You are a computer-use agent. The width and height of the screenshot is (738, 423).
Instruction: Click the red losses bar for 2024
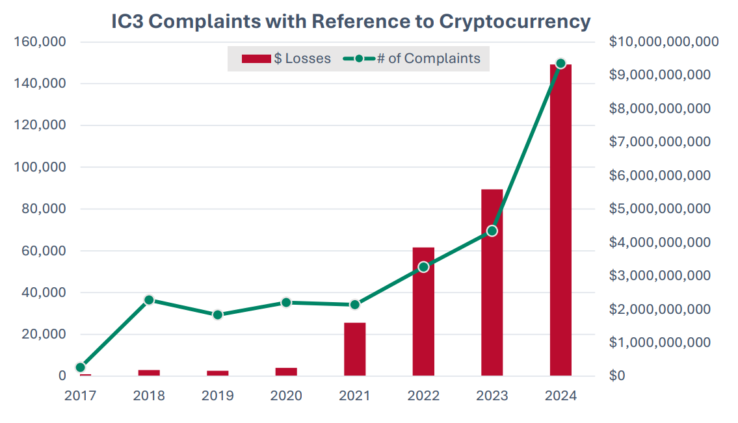560,221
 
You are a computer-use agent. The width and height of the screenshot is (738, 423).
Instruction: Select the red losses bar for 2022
423,312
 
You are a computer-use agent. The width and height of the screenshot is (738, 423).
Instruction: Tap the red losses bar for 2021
354,349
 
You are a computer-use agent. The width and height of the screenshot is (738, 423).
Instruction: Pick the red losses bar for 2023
492,283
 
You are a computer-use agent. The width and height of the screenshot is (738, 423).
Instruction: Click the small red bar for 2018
149,372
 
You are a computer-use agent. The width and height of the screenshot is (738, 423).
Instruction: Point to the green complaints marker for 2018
149,300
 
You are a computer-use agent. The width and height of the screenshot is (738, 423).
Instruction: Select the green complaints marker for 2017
81,367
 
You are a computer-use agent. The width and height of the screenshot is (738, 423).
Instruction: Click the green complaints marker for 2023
492,231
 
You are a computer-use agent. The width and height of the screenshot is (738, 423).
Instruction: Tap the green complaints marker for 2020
286,302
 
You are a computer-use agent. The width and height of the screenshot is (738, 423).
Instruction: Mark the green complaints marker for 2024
560,64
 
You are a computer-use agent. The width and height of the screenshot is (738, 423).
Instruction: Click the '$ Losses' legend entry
286,58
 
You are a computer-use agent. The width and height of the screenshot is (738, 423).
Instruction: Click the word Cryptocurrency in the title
515,21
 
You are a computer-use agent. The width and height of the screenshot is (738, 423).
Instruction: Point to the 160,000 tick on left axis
40,42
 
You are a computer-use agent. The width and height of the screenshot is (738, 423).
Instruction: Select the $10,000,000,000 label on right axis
663,42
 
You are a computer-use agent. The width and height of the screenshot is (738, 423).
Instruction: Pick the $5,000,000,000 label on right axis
659,209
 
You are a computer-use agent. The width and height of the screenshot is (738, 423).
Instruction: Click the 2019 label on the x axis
217,396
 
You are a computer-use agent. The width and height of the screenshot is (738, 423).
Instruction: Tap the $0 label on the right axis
618,376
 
